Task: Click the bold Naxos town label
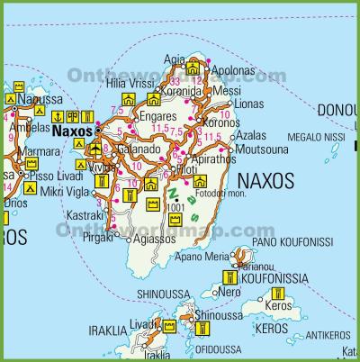point(72,130)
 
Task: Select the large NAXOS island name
point(264,181)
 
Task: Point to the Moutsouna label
point(262,148)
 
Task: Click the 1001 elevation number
point(175,208)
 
